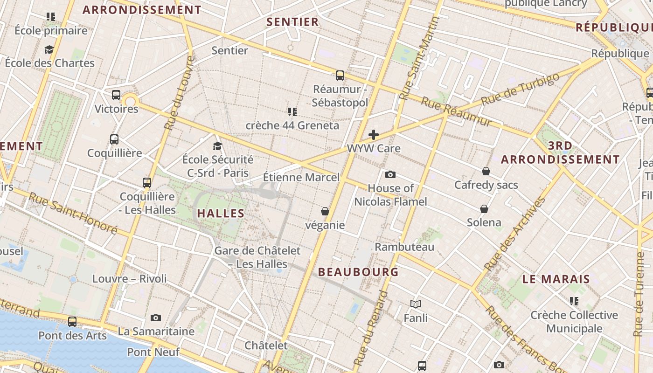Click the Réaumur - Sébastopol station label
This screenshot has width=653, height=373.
coord(340,96)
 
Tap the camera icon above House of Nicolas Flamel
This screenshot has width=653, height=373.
coord(390,174)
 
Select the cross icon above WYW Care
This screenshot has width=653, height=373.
coord(373,135)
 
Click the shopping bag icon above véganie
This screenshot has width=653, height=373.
coord(325,211)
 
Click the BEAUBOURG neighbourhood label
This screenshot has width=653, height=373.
coord(358,272)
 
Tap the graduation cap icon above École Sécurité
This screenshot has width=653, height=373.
coord(217,146)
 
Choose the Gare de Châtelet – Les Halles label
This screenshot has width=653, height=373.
coord(257,257)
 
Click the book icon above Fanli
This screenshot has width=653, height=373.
coord(416,304)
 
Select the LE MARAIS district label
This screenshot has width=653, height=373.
coord(556,279)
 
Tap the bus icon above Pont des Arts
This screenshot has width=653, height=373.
coord(72,321)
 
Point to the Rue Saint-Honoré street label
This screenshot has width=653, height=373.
coord(73,213)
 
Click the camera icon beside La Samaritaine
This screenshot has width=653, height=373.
coord(156,318)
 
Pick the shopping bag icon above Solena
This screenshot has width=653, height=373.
coord(484,208)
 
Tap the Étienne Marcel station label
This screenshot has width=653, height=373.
coord(301,178)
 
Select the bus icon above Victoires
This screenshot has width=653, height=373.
coord(116,95)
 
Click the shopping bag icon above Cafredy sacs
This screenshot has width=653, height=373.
coord(486,171)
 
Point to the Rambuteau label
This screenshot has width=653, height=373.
coord(404,247)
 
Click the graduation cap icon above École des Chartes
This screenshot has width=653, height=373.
coord(49,49)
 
